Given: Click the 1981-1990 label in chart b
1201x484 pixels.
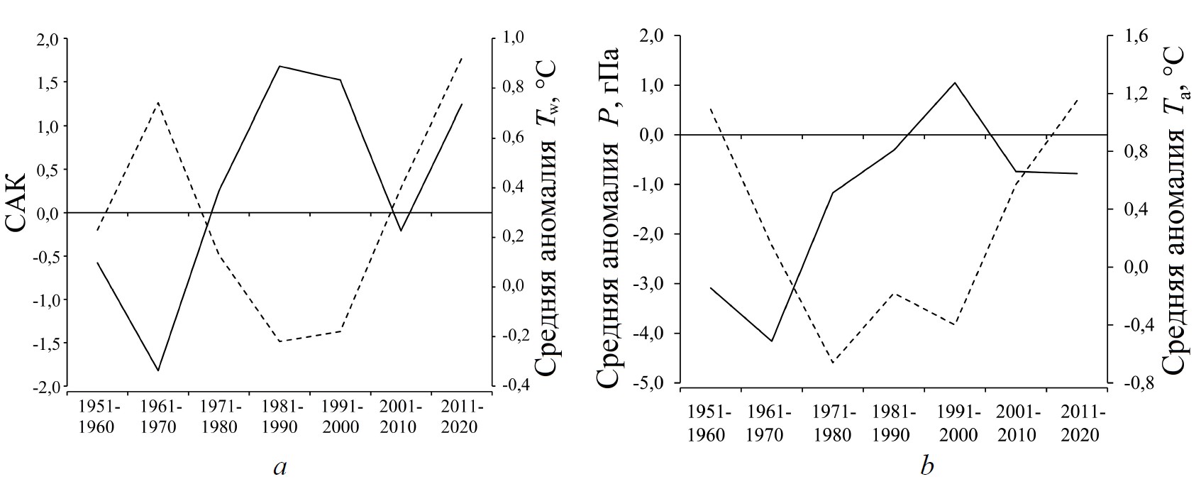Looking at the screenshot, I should click(x=894, y=423).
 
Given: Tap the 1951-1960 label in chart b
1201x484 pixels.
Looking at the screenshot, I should click(x=706, y=423).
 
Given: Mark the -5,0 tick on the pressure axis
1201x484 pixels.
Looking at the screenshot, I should click(x=657, y=384).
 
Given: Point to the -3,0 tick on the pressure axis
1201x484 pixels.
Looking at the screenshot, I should click(x=657, y=285).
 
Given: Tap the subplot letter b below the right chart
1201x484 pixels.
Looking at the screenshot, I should click(x=926, y=466).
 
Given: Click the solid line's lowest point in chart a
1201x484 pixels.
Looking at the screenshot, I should click(x=158, y=370).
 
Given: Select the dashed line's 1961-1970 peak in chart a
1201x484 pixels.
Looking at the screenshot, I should click(x=158, y=102).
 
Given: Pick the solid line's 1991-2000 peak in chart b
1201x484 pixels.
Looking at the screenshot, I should click(x=955, y=83).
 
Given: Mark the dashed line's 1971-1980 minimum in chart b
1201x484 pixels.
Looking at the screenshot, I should click(x=833, y=363).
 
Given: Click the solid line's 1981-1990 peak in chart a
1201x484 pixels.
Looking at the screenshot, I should click(x=280, y=66).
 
